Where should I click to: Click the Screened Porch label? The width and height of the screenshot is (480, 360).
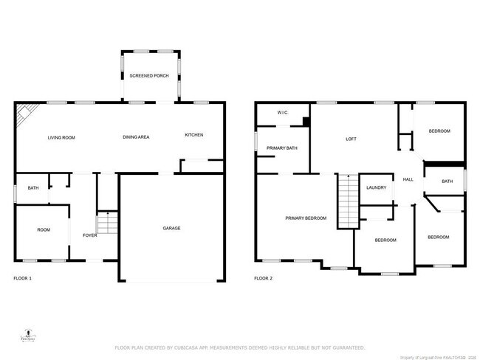click(150, 77)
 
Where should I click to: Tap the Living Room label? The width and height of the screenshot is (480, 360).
click(61, 138)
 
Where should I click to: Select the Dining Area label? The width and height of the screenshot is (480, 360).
click(136, 138)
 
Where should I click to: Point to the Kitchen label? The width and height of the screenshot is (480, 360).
click(193, 135)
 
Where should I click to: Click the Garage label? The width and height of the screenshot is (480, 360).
click(171, 228)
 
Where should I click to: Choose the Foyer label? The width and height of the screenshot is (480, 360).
click(89, 236)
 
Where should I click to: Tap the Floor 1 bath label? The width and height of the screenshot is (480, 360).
click(33, 188)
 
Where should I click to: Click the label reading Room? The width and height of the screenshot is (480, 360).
click(44, 230)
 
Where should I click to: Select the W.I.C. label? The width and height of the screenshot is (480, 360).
click(282, 113)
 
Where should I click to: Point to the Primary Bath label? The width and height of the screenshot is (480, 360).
click(282, 149)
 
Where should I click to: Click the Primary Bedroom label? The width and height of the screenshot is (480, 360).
click(306, 218)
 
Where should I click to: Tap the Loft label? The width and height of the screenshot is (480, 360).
click(352, 138)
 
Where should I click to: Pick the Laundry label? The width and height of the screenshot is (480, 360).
click(376, 188)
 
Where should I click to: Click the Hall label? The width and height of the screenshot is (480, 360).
click(407, 180)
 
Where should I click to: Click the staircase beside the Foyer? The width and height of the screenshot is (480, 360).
click(108, 222)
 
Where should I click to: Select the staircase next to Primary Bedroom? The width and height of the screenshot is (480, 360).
click(346, 201)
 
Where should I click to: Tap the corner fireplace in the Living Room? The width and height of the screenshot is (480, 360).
click(26, 114)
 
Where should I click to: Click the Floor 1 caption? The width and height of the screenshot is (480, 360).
click(22, 279)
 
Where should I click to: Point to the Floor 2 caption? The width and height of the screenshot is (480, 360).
click(263, 279)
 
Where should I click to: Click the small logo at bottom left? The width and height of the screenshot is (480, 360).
click(27, 333)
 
